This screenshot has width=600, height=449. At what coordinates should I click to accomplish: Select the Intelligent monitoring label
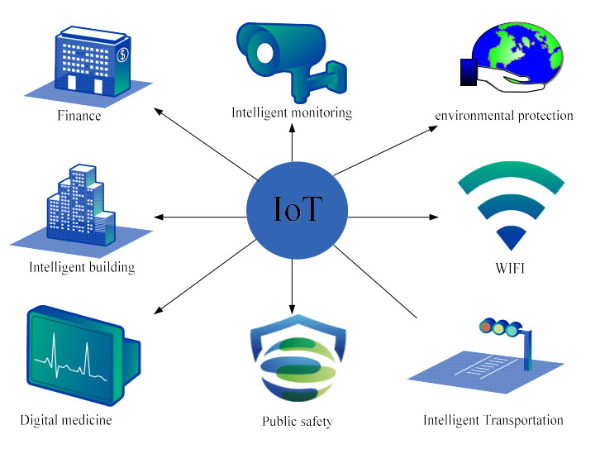click(x=292, y=112)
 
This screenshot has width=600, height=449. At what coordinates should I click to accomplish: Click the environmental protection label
click(x=504, y=116)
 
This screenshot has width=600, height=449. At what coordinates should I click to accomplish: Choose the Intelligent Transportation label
click(x=493, y=420)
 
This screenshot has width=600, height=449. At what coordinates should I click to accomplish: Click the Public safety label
click(x=297, y=422)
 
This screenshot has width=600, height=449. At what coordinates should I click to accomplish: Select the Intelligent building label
click(x=82, y=267)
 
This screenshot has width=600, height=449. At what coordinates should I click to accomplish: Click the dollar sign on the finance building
click(x=122, y=55)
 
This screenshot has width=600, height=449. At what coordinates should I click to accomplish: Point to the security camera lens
click(x=264, y=52)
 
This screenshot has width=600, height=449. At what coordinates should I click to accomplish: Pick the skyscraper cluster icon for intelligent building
click(x=78, y=210)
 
